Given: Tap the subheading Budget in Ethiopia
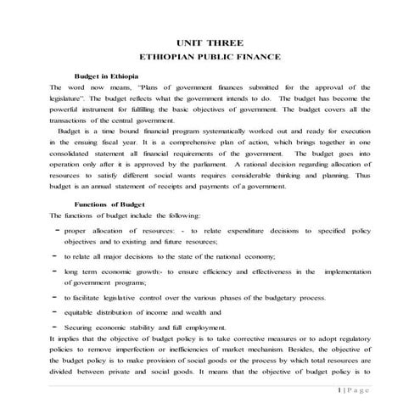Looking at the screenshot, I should pos(112,76).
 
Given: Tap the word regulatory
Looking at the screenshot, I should pos(344,336).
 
